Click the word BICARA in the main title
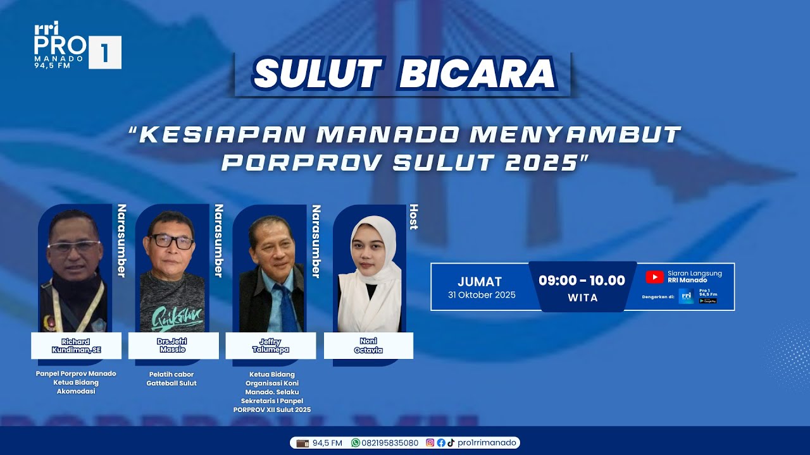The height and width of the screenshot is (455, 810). click(x=478, y=75)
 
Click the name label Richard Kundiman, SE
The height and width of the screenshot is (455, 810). click(x=76, y=346)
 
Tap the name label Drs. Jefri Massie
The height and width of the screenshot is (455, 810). click(x=173, y=346)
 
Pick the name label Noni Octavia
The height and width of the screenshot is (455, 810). click(x=368, y=346)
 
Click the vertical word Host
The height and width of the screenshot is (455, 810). click(x=414, y=217)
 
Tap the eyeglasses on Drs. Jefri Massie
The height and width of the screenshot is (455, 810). click(x=171, y=241)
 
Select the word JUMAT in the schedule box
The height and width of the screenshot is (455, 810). click(x=480, y=282)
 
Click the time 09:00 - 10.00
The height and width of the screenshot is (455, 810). click(x=582, y=281)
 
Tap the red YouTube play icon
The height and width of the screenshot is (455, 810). click(x=654, y=277)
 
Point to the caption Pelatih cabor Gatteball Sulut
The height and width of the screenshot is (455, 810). click(x=171, y=379)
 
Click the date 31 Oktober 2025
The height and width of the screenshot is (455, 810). click(x=482, y=295)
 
